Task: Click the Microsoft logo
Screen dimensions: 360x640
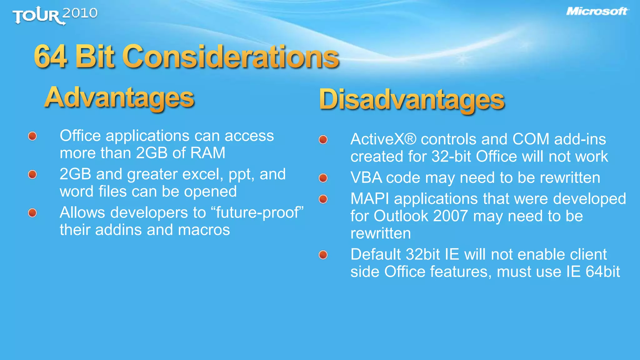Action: pyautogui.click(x=597, y=12)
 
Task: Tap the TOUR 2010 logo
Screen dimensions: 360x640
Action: pyautogui.click(x=55, y=15)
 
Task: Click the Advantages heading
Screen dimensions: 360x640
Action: pyautogui.click(x=119, y=97)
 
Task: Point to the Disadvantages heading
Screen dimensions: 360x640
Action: pyautogui.click(x=412, y=99)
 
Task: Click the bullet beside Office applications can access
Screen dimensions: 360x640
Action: pyautogui.click(x=32, y=136)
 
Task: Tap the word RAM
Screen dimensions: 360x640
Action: pyautogui.click(x=208, y=153)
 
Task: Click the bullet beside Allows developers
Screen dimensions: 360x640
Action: pyautogui.click(x=32, y=213)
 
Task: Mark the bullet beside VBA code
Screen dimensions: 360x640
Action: pyautogui.click(x=323, y=178)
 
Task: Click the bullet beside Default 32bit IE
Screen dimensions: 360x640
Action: pyautogui.click(x=323, y=255)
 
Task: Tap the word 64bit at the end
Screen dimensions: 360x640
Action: pyautogui.click(x=602, y=272)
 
